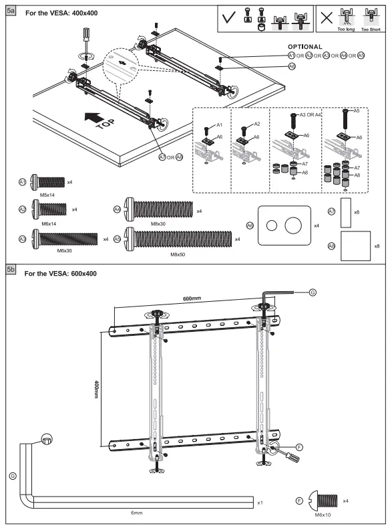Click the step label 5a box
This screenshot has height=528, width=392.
point(11,12)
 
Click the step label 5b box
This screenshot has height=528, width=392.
point(11,269)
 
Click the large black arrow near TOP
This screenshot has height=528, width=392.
point(93,118)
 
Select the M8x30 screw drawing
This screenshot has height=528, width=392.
point(159,211)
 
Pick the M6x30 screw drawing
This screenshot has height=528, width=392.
point(64,239)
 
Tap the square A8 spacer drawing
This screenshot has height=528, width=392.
point(355,246)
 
